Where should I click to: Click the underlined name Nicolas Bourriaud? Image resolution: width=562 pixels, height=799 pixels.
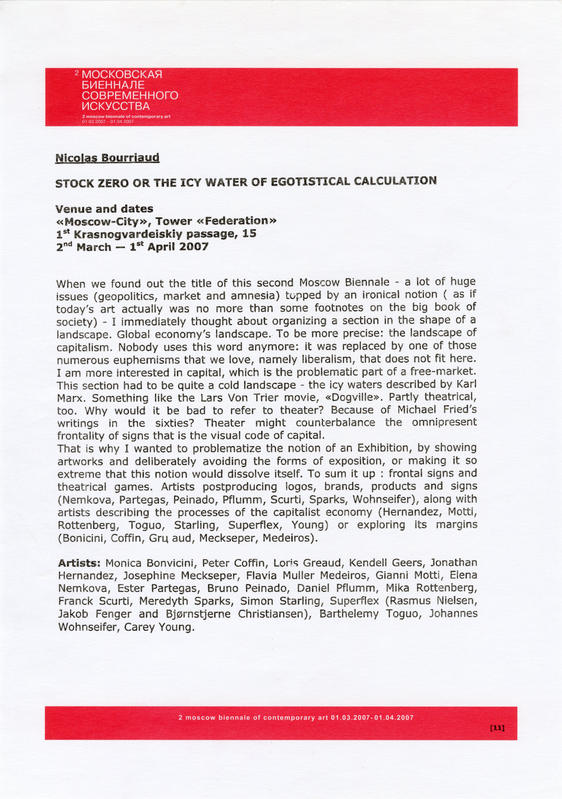pos(107,158)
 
